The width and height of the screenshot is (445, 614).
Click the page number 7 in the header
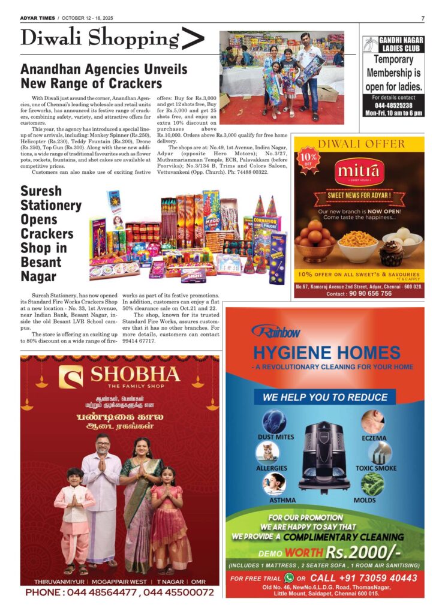tap(422, 19)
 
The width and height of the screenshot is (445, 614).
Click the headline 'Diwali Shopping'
tap(100, 40)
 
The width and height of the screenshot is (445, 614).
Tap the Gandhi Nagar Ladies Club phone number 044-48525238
tap(393, 105)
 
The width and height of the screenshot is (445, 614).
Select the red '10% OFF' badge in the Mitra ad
tap(308, 157)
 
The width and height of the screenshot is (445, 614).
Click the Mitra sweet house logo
tap(358, 172)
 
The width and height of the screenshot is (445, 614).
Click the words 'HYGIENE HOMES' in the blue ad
tap(326, 352)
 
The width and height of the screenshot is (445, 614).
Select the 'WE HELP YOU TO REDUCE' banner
tap(325, 397)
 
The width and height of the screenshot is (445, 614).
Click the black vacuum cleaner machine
tap(324, 455)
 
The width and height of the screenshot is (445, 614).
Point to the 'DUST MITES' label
tap(276, 437)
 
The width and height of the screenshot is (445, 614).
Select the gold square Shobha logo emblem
tap(71, 377)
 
